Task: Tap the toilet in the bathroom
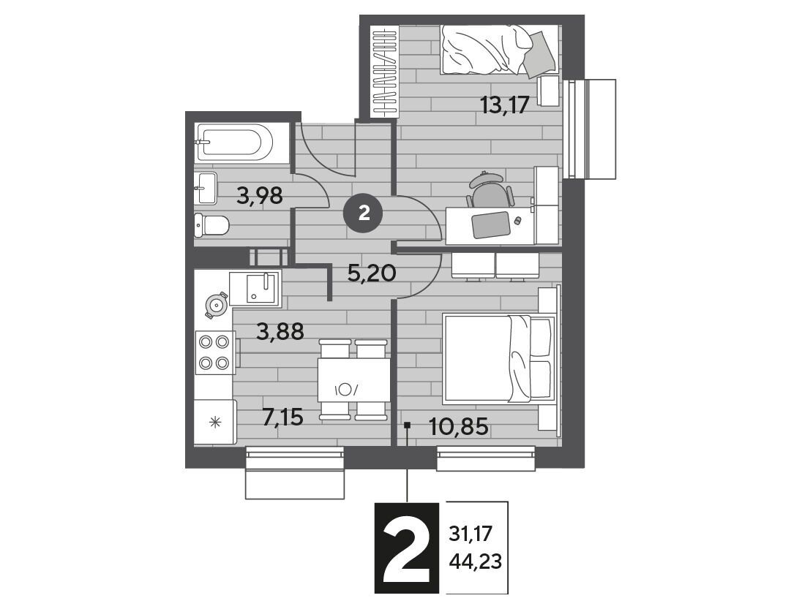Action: tap(211, 224)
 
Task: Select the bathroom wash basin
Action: tap(206, 188)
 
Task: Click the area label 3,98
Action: tap(260, 195)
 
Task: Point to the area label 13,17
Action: tap(503, 106)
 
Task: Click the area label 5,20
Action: tap(372, 274)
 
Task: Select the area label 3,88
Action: tap(280, 332)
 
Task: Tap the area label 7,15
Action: tap(283, 417)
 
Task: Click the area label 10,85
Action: tap(459, 426)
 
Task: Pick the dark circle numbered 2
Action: tap(364, 213)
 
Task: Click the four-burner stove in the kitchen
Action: tap(215, 352)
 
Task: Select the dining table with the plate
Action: tap(352, 379)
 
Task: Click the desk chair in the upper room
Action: tap(489, 192)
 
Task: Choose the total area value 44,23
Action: tap(475, 562)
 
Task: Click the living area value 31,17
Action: tap(470, 534)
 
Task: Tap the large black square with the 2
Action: tap(407, 548)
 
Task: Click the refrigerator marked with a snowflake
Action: tap(215, 422)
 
